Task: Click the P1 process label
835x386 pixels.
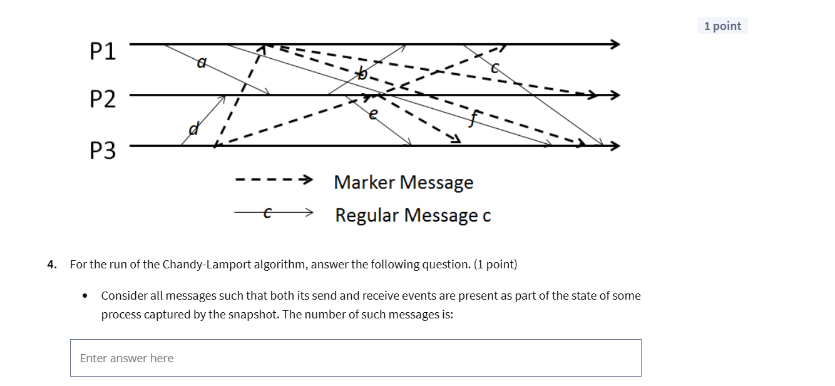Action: tap(103, 52)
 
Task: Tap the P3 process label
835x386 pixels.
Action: tap(103, 151)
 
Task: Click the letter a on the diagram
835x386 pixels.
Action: tap(201, 62)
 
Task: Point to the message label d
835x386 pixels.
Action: tap(194, 130)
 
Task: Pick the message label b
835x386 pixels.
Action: tap(361, 74)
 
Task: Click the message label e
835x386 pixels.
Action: tap(374, 113)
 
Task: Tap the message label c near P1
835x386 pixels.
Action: tap(495, 68)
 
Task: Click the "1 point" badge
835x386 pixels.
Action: tap(722, 26)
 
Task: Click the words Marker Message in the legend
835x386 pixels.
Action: tap(403, 182)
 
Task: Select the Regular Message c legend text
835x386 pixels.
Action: tap(412, 215)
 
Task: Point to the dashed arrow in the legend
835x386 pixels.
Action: tap(273, 181)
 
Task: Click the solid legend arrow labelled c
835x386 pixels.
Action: tap(273, 213)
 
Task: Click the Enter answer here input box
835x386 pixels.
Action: tap(356, 358)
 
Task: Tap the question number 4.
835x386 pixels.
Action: tap(51, 264)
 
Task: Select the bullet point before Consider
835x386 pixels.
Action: tap(85, 296)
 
